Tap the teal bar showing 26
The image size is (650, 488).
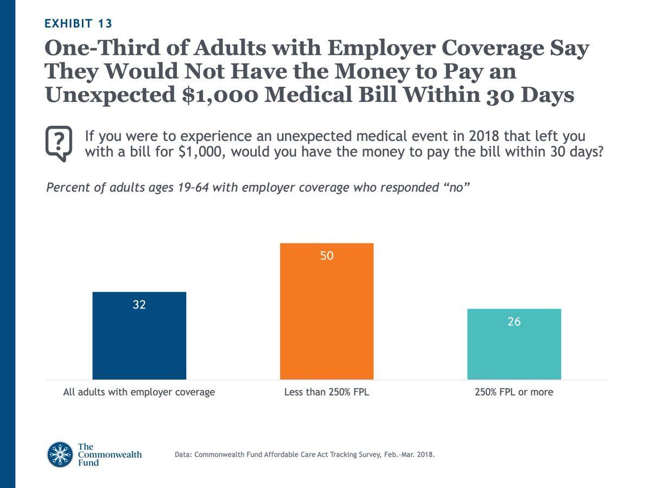[514, 350]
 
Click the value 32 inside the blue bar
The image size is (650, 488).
[139, 305]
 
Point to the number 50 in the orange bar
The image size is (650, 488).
[327, 256]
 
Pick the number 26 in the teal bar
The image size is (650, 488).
[514, 322]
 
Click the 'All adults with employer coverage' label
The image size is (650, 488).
[139, 392]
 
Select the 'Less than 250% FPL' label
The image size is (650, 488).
[327, 392]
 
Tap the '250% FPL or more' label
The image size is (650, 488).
[514, 392]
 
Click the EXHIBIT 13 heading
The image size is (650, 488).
[79, 23]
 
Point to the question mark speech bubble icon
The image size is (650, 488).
[58, 143]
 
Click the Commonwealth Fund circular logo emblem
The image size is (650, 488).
[60, 454]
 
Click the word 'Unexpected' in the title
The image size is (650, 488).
[103, 95]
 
